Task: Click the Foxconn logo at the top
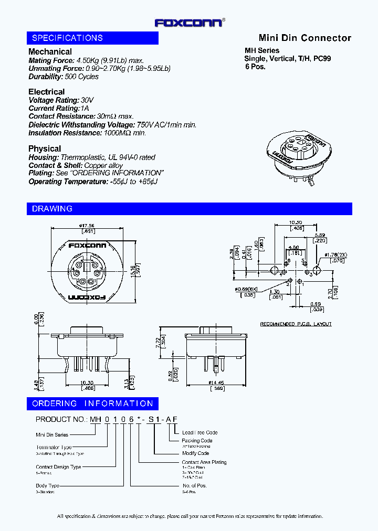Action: [190, 22]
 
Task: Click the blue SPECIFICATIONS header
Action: [92, 38]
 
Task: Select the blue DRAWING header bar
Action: [189, 209]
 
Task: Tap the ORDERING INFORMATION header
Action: [92, 403]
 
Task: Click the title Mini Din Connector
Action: [304, 38]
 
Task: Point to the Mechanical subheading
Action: [50, 51]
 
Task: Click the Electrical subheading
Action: [47, 92]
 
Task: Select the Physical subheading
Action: [45, 148]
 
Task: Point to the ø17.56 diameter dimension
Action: [87, 226]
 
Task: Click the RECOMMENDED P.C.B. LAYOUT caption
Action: [296, 324]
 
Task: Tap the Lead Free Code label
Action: [199, 433]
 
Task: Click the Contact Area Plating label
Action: [204, 462]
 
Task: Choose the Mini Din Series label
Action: [52, 435]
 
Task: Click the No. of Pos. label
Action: [194, 486]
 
